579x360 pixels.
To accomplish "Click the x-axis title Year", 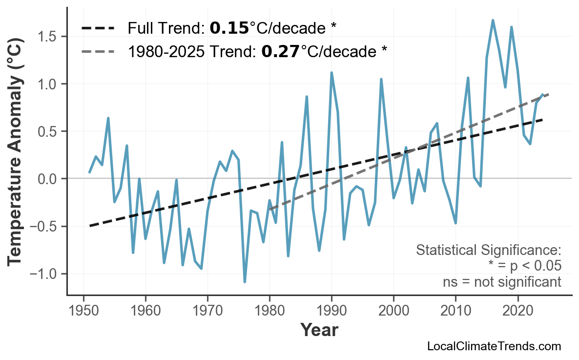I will click(x=319, y=330).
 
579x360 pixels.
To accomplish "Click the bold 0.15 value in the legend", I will click(x=229, y=28).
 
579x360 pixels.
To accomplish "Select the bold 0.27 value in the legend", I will click(x=280, y=51).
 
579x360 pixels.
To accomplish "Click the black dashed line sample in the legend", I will click(x=98, y=28).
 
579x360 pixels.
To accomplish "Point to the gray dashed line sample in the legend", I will click(x=98, y=51).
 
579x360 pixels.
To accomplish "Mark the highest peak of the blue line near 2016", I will click(x=493, y=21).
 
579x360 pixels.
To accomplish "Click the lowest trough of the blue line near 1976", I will click(x=245, y=282).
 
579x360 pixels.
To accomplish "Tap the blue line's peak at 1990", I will click(x=331, y=73).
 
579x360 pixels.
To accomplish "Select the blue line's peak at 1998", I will click(x=381, y=79).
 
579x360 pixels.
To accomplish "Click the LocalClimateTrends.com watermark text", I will click(x=494, y=347).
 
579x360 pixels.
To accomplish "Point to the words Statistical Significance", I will click(x=488, y=251).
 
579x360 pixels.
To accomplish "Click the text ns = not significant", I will click(x=502, y=282).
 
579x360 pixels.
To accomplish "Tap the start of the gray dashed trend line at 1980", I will click(x=270, y=209).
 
